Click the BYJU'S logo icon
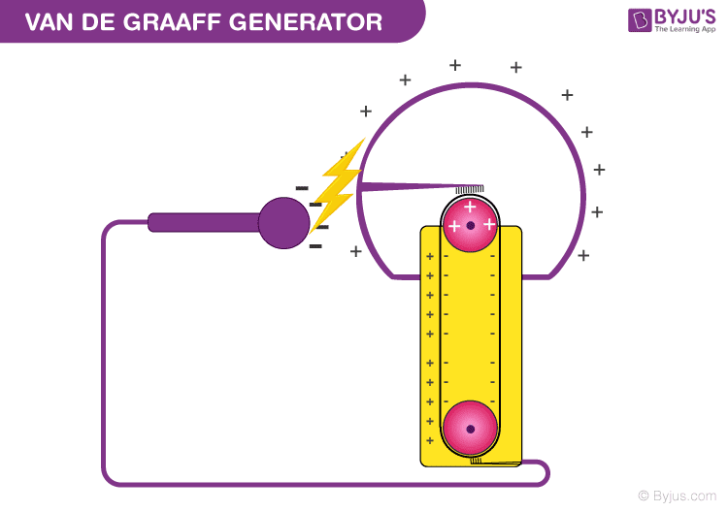[x=639, y=20]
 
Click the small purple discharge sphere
[x=283, y=222]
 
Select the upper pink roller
[x=470, y=225]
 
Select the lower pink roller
[x=470, y=428]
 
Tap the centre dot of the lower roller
[x=470, y=429]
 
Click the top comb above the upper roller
[x=470, y=189]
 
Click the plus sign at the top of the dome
[x=455, y=65]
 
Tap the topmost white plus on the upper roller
[x=470, y=207]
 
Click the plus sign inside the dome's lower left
[x=356, y=251]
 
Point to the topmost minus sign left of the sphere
[x=302, y=187]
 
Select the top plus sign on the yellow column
[x=430, y=257]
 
